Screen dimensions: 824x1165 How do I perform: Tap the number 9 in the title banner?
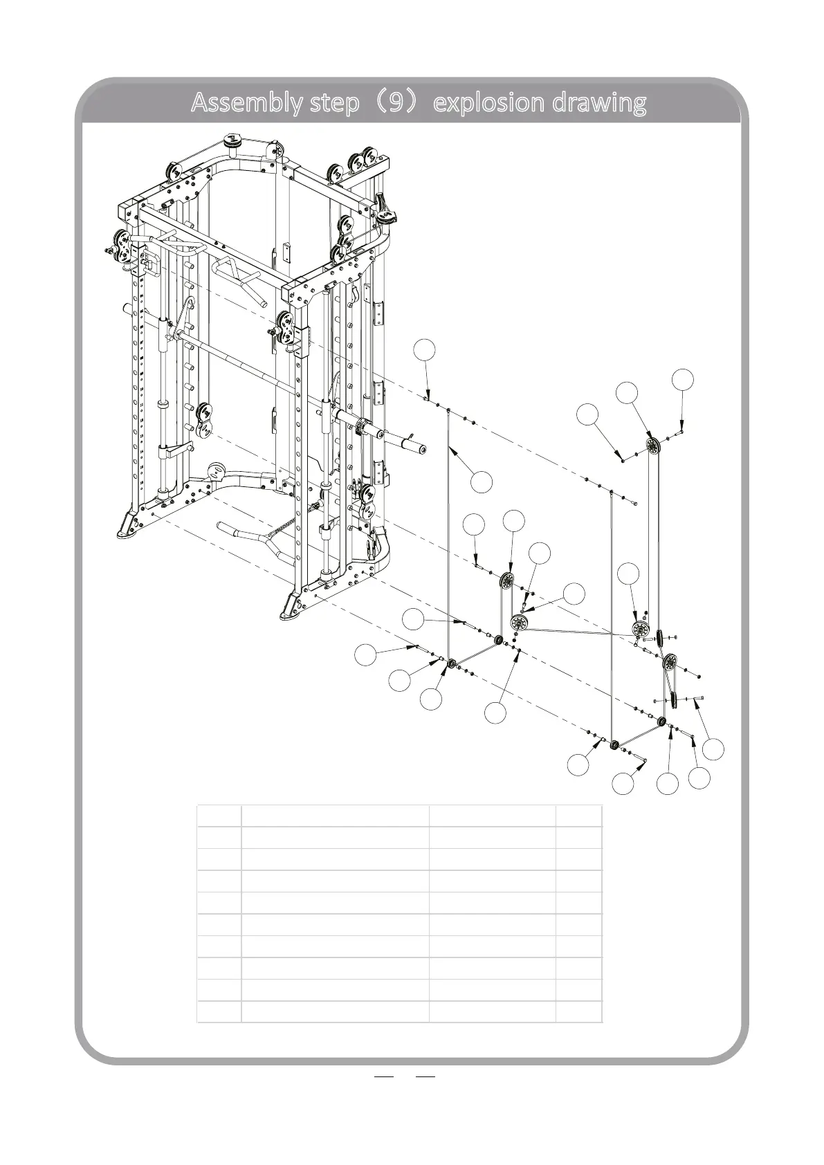[x=397, y=103]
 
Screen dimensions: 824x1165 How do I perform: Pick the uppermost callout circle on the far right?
[x=683, y=379]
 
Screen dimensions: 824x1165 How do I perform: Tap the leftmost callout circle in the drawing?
[x=366, y=654]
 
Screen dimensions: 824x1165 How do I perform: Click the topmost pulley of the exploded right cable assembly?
[x=652, y=446]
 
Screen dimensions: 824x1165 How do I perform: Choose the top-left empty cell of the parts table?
[x=219, y=816]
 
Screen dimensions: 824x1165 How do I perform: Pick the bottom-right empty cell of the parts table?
[x=578, y=1011]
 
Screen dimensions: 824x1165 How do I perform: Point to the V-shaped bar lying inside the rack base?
[x=256, y=534]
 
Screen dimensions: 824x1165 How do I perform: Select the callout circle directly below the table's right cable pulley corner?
[x=667, y=784]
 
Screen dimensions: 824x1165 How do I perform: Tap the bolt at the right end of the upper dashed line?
[x=634, y=502]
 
